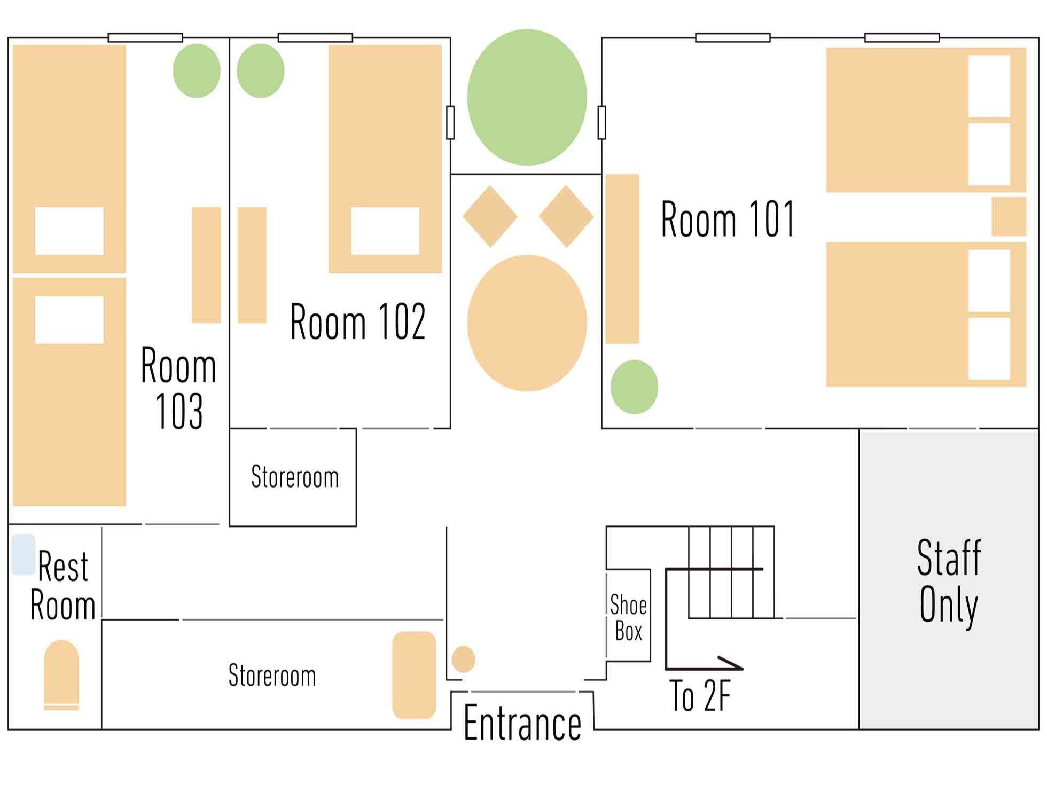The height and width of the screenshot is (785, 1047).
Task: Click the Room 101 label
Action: tap(728, 218)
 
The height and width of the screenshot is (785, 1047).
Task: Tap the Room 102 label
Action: tap(358, 321)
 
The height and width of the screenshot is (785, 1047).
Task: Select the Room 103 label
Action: tap(178, 388)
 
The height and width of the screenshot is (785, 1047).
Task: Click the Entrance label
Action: tap(522, 723)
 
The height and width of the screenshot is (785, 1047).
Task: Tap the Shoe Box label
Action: tap(628, 618)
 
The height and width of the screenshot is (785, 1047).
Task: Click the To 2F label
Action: tap(700, 696)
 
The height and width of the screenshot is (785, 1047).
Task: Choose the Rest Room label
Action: tap(62, 586)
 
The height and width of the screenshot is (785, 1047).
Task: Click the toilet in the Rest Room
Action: tap(61, 675)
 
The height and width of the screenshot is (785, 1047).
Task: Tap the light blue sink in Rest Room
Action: tap(24, 554)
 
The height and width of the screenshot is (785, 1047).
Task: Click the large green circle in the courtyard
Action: tap(527, 97)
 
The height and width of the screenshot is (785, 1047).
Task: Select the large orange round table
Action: tap(527, 323)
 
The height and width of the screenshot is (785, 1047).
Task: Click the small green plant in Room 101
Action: tap(634, 387)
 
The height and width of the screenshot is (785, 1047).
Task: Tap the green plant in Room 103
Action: tap(197, 70)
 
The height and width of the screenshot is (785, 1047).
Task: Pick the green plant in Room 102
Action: tap(260, 70)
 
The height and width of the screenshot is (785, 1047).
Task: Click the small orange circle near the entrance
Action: tap(463, 659)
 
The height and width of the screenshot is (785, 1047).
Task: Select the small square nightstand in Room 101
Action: tap(1009, 216)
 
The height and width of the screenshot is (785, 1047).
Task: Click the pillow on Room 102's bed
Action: tap(385, 231)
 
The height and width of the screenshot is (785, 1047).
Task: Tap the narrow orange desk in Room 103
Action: tap(206, 265)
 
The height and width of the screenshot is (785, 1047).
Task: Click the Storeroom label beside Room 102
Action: tap(295, 477)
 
